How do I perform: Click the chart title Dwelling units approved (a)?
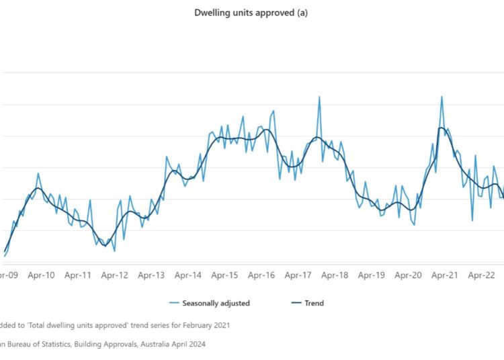(251, 13)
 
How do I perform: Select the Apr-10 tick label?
(41, 275)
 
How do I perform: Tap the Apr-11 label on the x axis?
(78, 275)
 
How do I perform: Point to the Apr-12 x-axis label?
(114, 275)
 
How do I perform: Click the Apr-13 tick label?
(151, 275)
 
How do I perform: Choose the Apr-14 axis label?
(187, 275)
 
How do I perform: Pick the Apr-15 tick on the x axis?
(224, 275)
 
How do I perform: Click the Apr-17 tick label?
(298, 275)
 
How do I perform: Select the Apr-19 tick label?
(371, 275)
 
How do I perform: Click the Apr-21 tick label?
(444, 275)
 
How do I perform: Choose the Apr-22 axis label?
(481, 275)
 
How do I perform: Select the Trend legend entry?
(314, 303)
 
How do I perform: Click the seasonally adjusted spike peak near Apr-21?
(442, 97)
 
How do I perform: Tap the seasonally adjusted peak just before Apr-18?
(319, 97)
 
